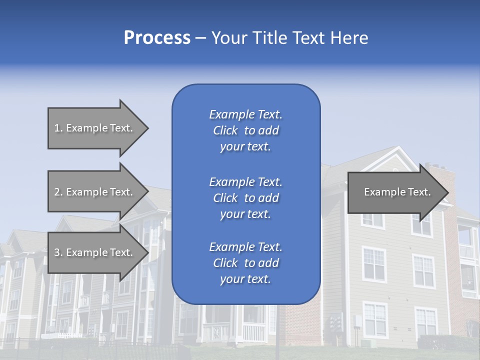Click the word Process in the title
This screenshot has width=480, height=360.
click(157, 38)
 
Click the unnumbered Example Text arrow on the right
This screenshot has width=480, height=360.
click(395, 192)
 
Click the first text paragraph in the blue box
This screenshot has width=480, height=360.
click(245, 130)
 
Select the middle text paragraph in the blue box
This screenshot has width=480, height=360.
click(245, 198)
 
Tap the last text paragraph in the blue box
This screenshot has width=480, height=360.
click(245, 263)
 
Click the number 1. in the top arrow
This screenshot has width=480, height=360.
click(58, 128)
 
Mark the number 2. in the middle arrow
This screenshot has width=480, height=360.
click(58, 192)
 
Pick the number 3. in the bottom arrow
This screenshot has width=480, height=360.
click(58, 252)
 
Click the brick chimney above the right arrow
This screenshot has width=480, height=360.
click(440, 172)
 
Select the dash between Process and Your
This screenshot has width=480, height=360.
click(200, 38)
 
